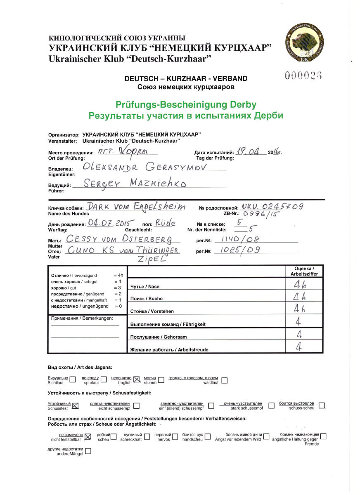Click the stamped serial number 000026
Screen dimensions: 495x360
coord(303,75)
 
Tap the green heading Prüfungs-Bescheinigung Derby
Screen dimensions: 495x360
coord(186,105)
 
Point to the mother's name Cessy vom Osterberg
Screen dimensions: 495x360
coord(117,239)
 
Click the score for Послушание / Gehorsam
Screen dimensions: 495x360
coord(304,335)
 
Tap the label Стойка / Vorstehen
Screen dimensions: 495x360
coord(152,311)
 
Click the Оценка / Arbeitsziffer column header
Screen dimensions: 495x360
coord(304,271)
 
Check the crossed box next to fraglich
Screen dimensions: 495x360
coord(137,380)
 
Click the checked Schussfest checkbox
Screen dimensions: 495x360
coord(75,405)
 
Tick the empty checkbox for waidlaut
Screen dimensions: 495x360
coord(225,380)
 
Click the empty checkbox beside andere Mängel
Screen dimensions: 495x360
coord(88,451)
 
